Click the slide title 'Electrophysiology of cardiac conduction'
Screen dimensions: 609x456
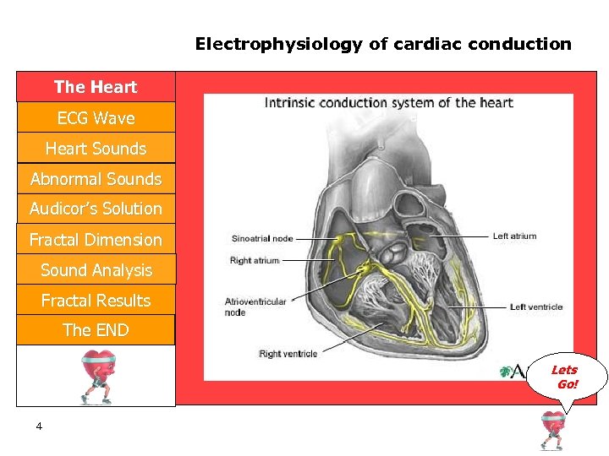click(383, 44)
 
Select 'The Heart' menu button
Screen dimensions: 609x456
click(96, 87)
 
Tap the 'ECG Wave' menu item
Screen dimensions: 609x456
click(96, 118)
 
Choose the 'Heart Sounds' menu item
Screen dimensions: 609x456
click(96, 149)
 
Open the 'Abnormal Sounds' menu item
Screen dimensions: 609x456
click(96, 179)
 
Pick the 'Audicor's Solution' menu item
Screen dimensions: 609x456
click(96, 209)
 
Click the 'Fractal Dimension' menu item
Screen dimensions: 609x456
click(96, 240)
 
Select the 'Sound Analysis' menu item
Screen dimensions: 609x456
click(96, 270)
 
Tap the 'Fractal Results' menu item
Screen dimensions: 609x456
click(96, 301)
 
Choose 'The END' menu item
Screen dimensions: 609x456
click(96, 330)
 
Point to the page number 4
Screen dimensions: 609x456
click(39, 426)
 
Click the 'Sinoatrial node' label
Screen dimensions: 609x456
click(261, 238)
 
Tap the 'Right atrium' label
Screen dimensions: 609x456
click(255, 261)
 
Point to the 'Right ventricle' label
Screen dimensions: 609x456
click(288, 353)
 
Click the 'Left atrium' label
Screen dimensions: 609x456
click(514, 236)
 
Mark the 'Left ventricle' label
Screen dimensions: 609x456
click(536, 307)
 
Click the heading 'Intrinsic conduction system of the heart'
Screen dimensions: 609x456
click(389, 103)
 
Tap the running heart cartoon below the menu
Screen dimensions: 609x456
click(96, 376)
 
